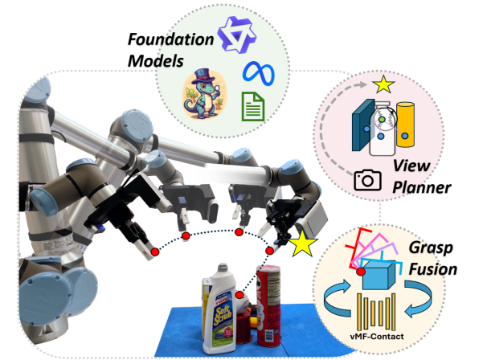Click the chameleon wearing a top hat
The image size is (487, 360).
(205, 92)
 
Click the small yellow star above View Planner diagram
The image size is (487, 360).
(382, 83)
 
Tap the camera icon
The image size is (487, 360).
(368, 179)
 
